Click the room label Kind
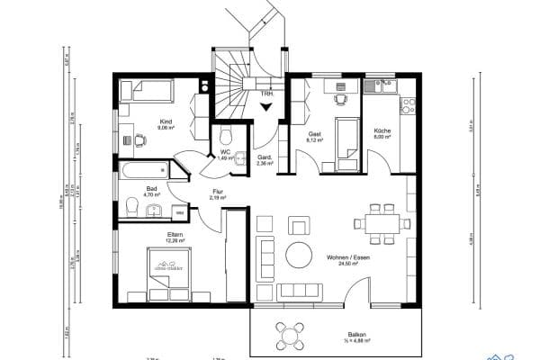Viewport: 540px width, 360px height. click(165, 121)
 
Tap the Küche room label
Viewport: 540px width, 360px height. click(382, 132)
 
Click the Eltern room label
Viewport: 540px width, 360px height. click(175, 235)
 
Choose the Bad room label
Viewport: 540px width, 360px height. click(151, 188)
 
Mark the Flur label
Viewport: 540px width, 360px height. click(217, 191)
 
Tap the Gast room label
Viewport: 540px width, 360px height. click(314, 133)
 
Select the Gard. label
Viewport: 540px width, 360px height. click(265, 157)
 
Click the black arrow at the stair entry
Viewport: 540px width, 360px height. click(266, 106)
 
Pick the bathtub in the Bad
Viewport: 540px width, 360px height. click(144, 168)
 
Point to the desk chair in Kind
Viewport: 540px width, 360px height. click(142, 139)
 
